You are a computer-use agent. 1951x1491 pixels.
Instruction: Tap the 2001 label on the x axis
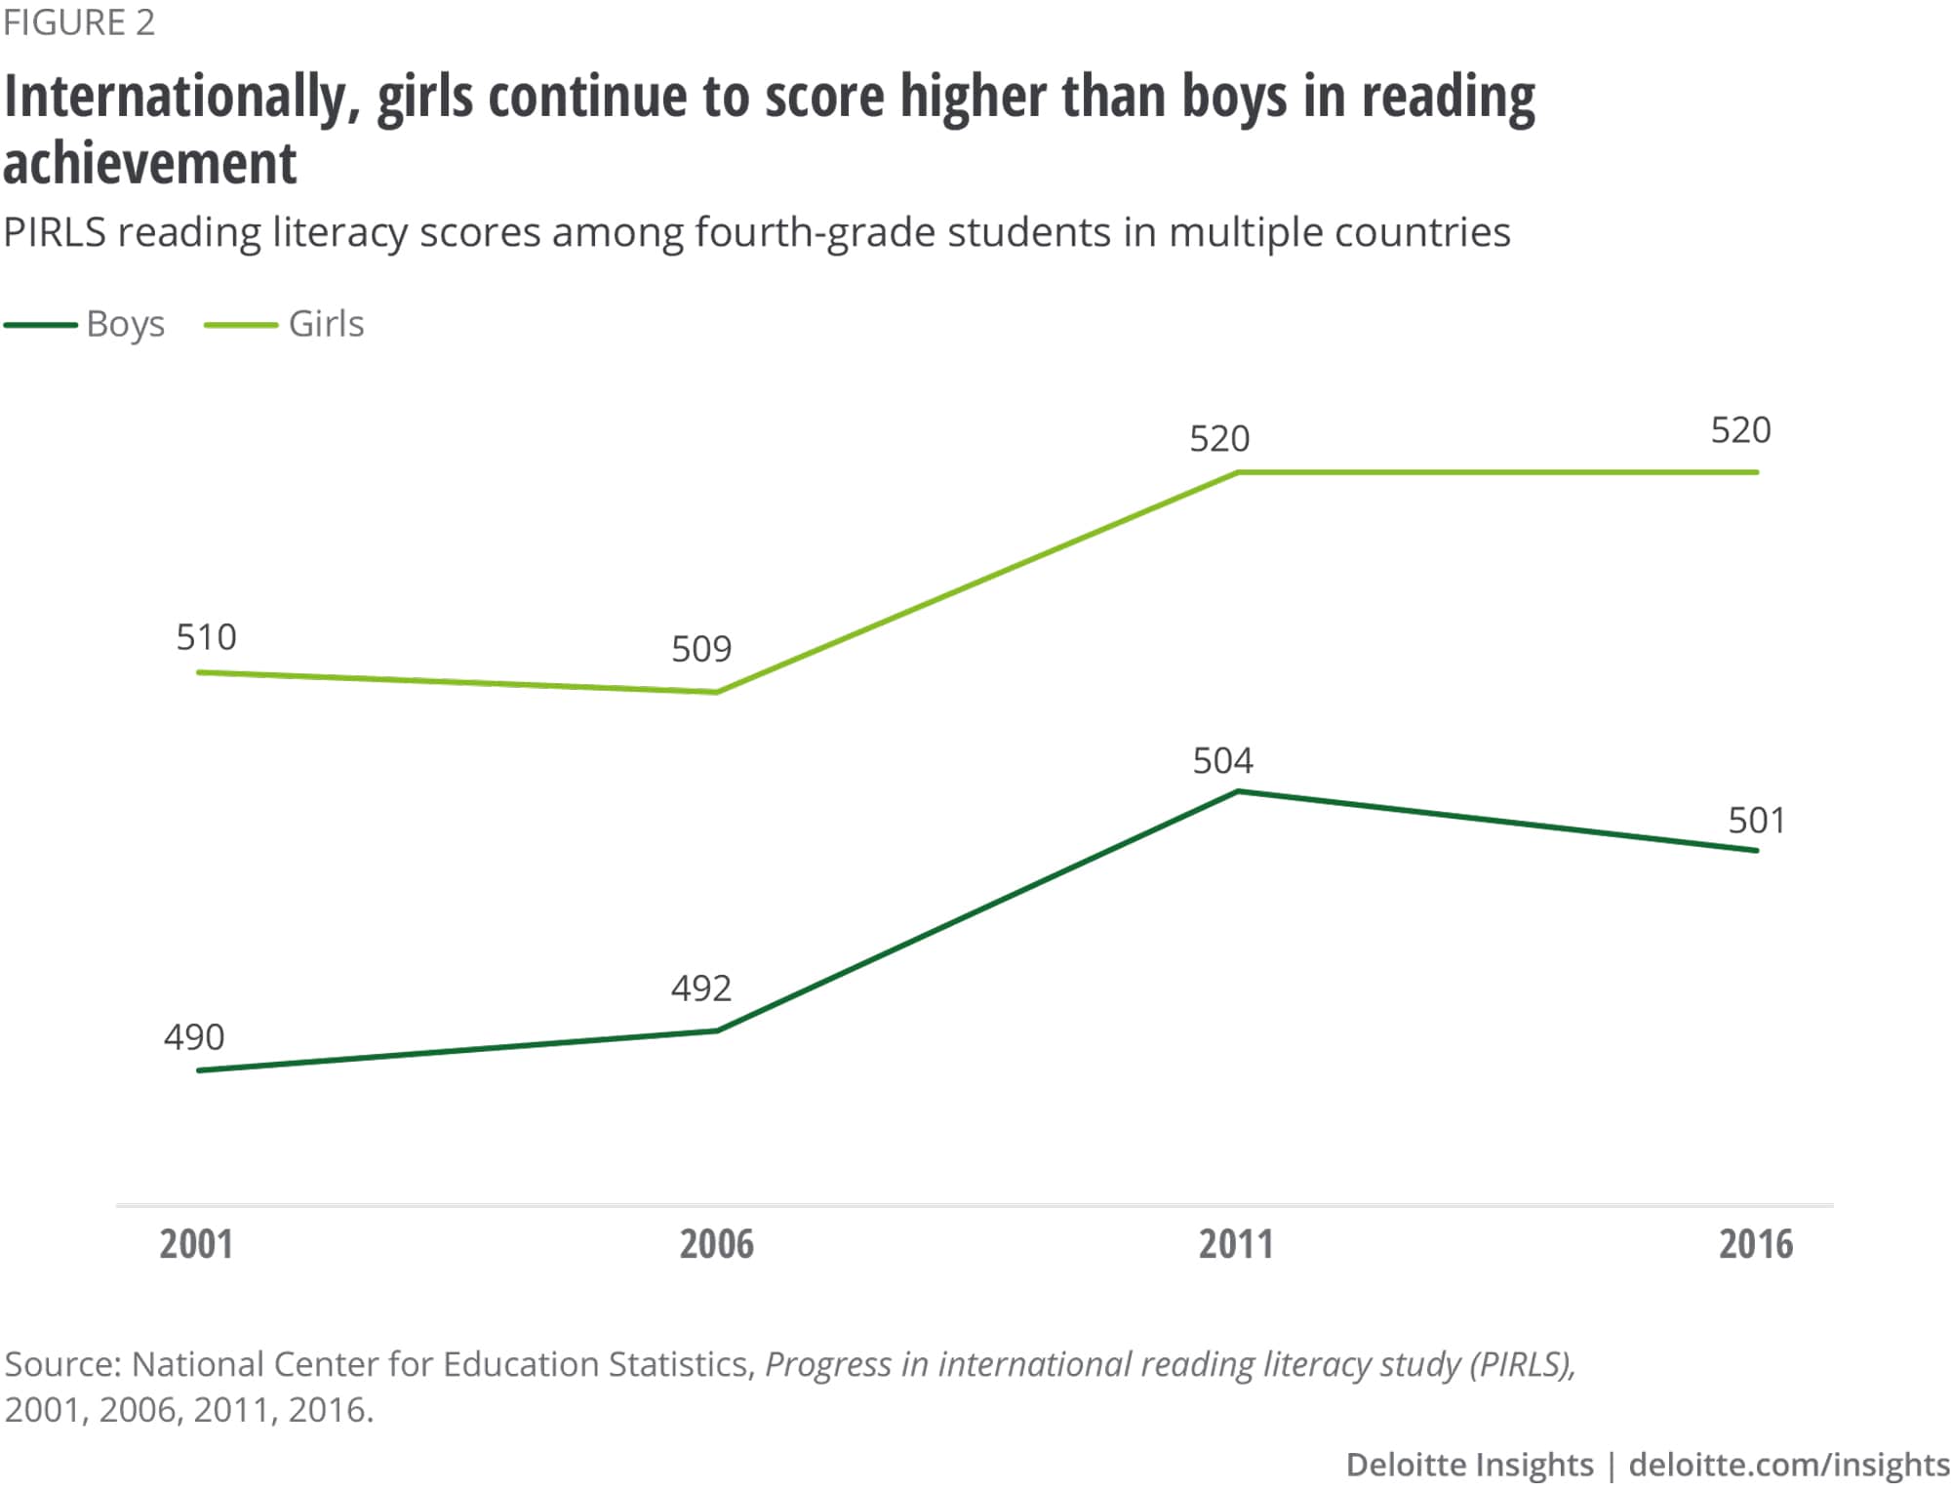click(x=196, y=1244)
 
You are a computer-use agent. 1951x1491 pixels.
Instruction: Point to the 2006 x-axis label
click(x=717, y=1244)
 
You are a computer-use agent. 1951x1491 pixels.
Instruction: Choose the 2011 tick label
click(x=1236, y=1244)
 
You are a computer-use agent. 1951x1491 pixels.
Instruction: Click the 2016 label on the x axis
click(x=1756, y=1244)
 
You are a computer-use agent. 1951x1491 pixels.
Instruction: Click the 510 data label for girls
click(x=206, y=637)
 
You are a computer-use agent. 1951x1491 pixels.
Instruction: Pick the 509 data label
click(x=701, y=649)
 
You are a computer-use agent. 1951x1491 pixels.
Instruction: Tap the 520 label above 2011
click(x=1219, y=439)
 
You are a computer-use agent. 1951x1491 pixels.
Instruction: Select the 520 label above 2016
click(x=1741, y=430)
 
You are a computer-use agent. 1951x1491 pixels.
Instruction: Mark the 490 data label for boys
click(x=194, y=1037)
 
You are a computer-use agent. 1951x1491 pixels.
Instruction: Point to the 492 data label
click(x=701, y=988)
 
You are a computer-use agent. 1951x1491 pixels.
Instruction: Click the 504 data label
click(x=1223, y=761)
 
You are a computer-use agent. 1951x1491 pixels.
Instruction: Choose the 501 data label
click(x=1757, y=821)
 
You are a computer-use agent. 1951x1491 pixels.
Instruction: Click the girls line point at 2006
click(x=717, y=693)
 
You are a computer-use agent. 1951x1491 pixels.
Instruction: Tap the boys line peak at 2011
click(x=1237, y=791)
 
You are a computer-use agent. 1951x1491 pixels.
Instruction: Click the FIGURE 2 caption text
click(x=79, y=22)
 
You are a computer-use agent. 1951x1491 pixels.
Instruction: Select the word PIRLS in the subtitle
click(x=55, y=233)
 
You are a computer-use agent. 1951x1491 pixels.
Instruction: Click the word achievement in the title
click(x=150, y=162)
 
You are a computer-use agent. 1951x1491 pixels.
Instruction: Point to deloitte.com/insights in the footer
click(x=1789, y=1465)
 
